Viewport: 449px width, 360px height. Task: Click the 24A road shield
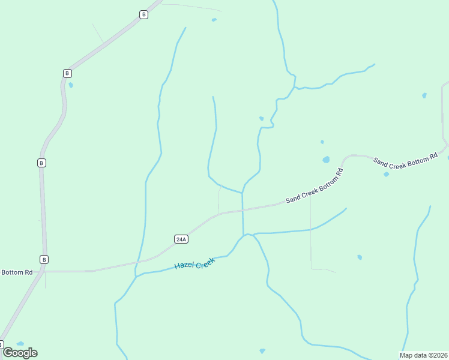point(181,239)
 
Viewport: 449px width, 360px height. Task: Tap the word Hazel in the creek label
point(184,265)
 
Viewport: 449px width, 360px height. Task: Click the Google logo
point(20,353)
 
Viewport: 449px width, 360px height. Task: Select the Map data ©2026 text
point(423,355)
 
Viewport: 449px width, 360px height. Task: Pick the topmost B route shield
point(143,14)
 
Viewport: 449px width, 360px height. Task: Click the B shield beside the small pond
point(67,73)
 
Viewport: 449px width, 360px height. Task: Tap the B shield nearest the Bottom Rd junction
point(44,259)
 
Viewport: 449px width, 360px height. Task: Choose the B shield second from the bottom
point(41,163)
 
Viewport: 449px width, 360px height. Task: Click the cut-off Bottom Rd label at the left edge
point(16,272)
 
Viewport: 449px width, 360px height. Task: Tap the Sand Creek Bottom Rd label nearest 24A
point(314,186)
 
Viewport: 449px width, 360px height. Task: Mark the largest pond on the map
point(326,160)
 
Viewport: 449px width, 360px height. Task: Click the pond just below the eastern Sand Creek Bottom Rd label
point(386,175)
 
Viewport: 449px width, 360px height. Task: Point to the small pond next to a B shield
point(71,85)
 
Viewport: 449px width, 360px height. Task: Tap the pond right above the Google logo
point(20,343)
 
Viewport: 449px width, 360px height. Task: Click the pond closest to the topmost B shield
point(214,20)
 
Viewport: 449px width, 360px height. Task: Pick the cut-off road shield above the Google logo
point(1,344)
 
